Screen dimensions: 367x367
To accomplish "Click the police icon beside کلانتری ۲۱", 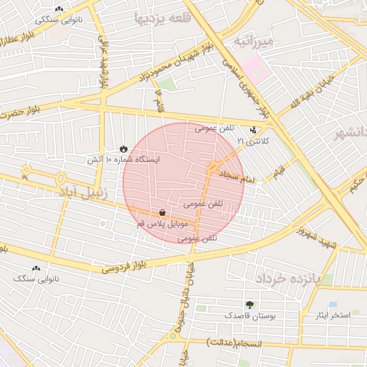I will coord(252,130).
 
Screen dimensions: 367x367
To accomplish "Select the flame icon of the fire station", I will coord(123,148).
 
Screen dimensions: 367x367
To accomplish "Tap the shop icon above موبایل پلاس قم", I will coord(163,213).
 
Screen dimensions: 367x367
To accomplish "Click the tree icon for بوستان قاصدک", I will coord(249,305).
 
